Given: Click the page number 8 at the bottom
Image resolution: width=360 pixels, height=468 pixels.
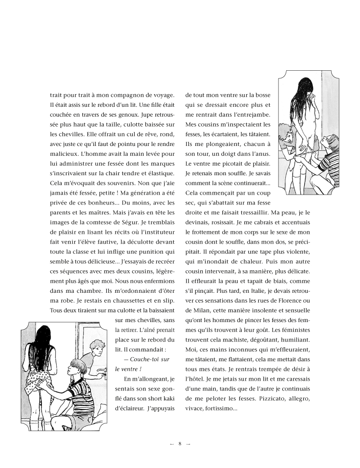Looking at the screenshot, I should pyautogui.click(x=180, y=443).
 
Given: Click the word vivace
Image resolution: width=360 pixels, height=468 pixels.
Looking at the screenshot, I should pyautogui.click(x=194, y=409).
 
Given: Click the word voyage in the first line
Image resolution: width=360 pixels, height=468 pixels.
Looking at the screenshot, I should pyautogui.click(x=163, y=95).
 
